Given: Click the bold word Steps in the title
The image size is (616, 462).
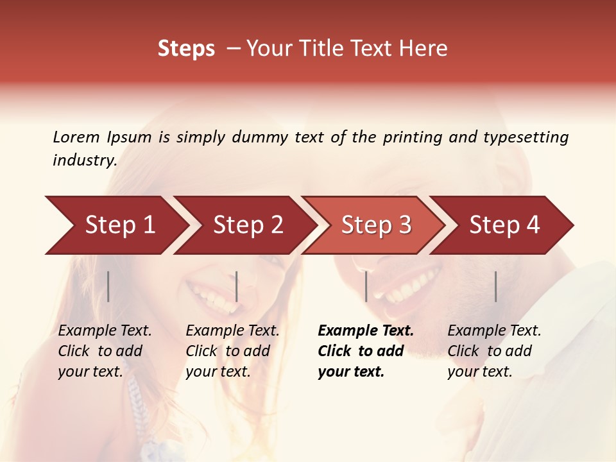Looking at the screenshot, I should coord(186,49).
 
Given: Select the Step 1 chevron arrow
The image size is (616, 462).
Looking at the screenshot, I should coord(116,225).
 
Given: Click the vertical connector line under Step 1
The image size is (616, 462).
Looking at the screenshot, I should coord(108,286).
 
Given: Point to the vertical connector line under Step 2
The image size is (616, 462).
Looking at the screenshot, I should coord(237,286).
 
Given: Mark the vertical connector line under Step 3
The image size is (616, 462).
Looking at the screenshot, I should coord(366,286).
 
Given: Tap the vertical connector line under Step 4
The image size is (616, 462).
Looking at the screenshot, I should coord(495,286).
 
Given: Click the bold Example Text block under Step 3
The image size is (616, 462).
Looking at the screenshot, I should coord(366,351).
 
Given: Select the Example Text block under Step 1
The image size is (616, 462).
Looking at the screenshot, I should coord(105,351).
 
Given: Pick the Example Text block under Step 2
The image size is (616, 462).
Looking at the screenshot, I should coord(232,351).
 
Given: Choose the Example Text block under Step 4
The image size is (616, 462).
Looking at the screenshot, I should coord(494,351).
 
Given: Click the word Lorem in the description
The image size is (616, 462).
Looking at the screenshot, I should coord(76,137).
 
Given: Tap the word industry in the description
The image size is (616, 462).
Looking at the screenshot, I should coord(84,160).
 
